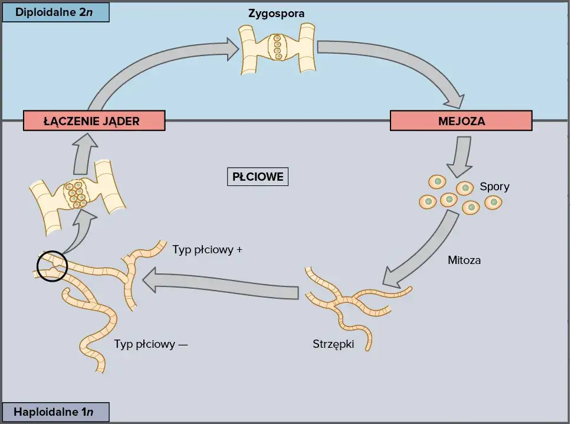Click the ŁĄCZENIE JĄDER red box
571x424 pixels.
94,121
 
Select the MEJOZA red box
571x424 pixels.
461,121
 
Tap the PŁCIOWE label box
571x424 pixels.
257,177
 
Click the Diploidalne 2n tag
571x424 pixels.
56,12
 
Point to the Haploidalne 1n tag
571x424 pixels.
56,412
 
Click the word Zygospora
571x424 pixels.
277,13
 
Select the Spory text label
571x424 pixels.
494,187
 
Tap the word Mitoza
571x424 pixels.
464,259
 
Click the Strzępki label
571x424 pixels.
333,344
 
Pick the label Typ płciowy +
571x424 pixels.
208,249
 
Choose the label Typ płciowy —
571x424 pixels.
151,344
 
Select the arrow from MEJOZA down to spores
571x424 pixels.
459,155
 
